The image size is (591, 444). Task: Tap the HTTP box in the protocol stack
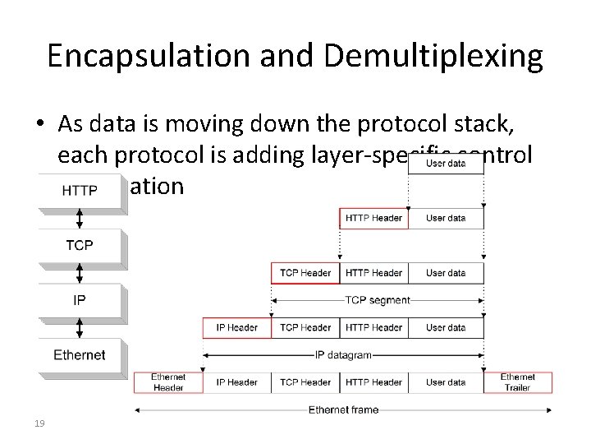[x=80, y=191]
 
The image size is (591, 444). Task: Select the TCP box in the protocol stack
[x=80, y=245]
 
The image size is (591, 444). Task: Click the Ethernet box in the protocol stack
[x=80, y=355]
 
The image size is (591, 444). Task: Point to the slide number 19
[x=39, y=423]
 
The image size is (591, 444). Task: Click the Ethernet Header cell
[x=168, y=382]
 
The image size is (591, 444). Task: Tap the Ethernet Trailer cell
[x=518, y=382]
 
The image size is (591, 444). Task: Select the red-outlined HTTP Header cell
[x=373, y=218]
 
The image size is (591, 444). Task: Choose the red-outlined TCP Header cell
[x=305, y=273]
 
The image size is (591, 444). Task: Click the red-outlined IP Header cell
[x=236, y=327]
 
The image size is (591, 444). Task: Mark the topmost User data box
[x=446, y=164]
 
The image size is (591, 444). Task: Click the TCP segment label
[x=377, y=300]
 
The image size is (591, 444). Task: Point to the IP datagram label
[x=343, y=355]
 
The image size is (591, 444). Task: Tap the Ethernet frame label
[x=343, y=409]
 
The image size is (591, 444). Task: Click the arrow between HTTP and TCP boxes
[x=80, y=218]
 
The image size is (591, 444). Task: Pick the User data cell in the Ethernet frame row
[x=446, y=382]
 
